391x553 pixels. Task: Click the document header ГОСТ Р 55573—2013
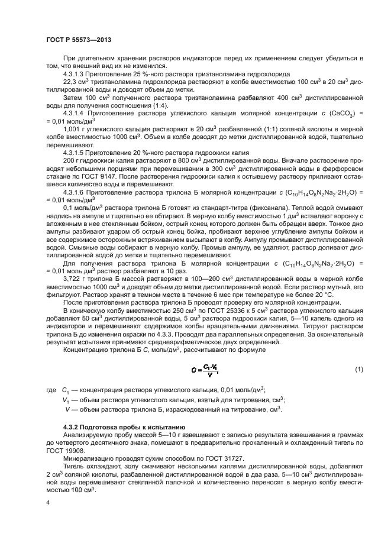(78, 39)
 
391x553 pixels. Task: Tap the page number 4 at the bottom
(47, 502)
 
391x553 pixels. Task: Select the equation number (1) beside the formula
(358, 370)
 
